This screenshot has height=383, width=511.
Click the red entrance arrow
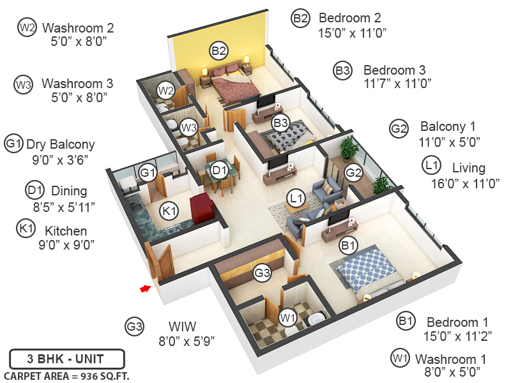tap(146, 289)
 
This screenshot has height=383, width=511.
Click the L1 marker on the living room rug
tap(294, 199)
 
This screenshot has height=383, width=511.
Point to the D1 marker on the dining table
tap(219, 170)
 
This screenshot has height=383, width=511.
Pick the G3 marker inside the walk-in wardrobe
tap(262, 273)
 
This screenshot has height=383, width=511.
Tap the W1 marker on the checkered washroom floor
tap(289, 317)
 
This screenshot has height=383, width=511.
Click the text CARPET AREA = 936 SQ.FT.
tap(66, 375)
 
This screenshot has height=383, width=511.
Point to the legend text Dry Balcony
tap(60, 144)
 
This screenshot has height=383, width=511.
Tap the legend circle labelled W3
tap(24, 84)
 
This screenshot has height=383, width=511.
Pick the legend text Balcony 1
tap(448, 127)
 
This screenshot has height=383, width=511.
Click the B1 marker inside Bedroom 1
tap(348, 243)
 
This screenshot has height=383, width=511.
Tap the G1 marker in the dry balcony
tap(148, 172)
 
